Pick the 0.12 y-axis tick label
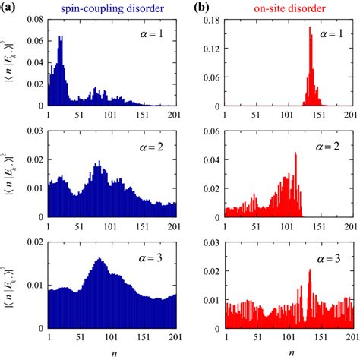point(213,49)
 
